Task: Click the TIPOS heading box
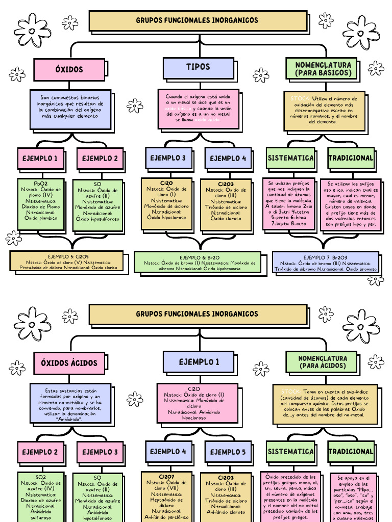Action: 198,67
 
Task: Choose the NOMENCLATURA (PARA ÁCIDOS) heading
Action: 323,362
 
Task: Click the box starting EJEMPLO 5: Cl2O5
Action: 66,260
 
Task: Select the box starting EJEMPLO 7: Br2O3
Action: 325,261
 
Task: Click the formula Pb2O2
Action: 41,183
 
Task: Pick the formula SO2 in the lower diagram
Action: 41,477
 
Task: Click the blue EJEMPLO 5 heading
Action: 228,452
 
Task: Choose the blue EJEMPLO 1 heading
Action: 198,362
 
